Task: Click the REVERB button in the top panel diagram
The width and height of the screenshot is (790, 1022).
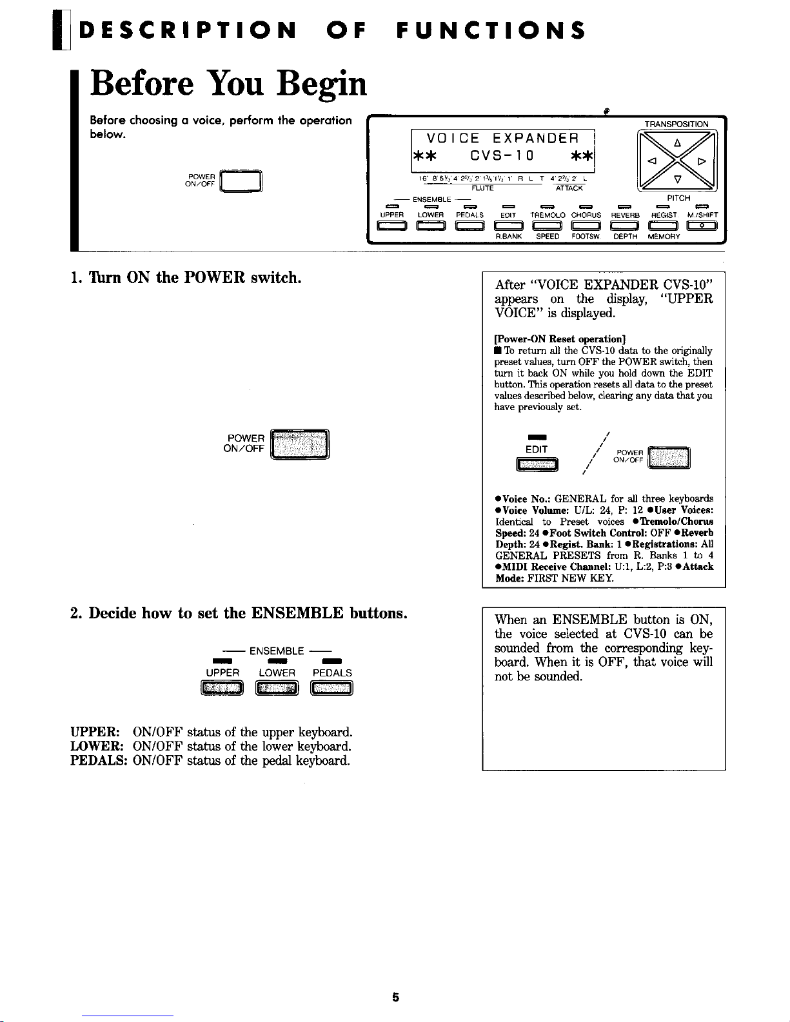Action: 624,225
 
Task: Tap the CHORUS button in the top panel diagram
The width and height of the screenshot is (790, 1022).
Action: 586,225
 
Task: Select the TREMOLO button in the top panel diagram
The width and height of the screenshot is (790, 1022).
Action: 547,225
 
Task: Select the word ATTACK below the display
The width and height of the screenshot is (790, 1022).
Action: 569,188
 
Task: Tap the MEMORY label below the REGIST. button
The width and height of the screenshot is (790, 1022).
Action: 664,237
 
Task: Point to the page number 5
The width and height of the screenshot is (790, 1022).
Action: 395,997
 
